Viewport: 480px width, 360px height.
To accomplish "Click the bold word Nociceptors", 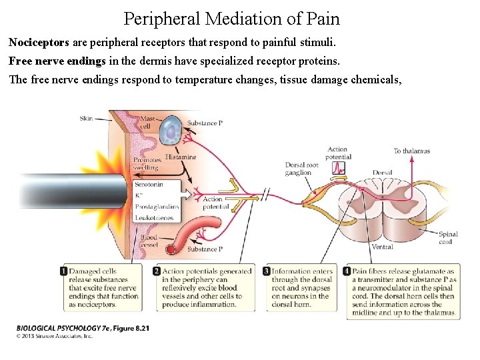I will click(39, 42).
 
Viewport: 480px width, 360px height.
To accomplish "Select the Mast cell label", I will click(147, 122).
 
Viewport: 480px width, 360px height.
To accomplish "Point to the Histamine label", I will click(181, 157).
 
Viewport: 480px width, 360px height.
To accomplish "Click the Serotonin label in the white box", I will click(149, 184).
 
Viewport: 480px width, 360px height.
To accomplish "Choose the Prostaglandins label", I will click(157, 206).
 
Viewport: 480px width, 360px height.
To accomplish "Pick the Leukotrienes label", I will click(154, 217).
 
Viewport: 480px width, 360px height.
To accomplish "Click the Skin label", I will click(87, 118).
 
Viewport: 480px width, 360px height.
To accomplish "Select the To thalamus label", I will click(411, 151).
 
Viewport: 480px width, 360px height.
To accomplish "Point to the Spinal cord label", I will click(447, 238).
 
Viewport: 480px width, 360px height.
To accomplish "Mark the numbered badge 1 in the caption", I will click(64, 271).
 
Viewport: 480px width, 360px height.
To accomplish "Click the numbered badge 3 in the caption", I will click(267, 271).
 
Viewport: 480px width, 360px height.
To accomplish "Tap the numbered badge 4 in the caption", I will click(347, 271).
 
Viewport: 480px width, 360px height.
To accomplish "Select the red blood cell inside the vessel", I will click(171, 249).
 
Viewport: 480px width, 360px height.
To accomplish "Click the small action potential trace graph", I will click(338, 167).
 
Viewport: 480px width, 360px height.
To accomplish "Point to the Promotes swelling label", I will click(147, 164).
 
